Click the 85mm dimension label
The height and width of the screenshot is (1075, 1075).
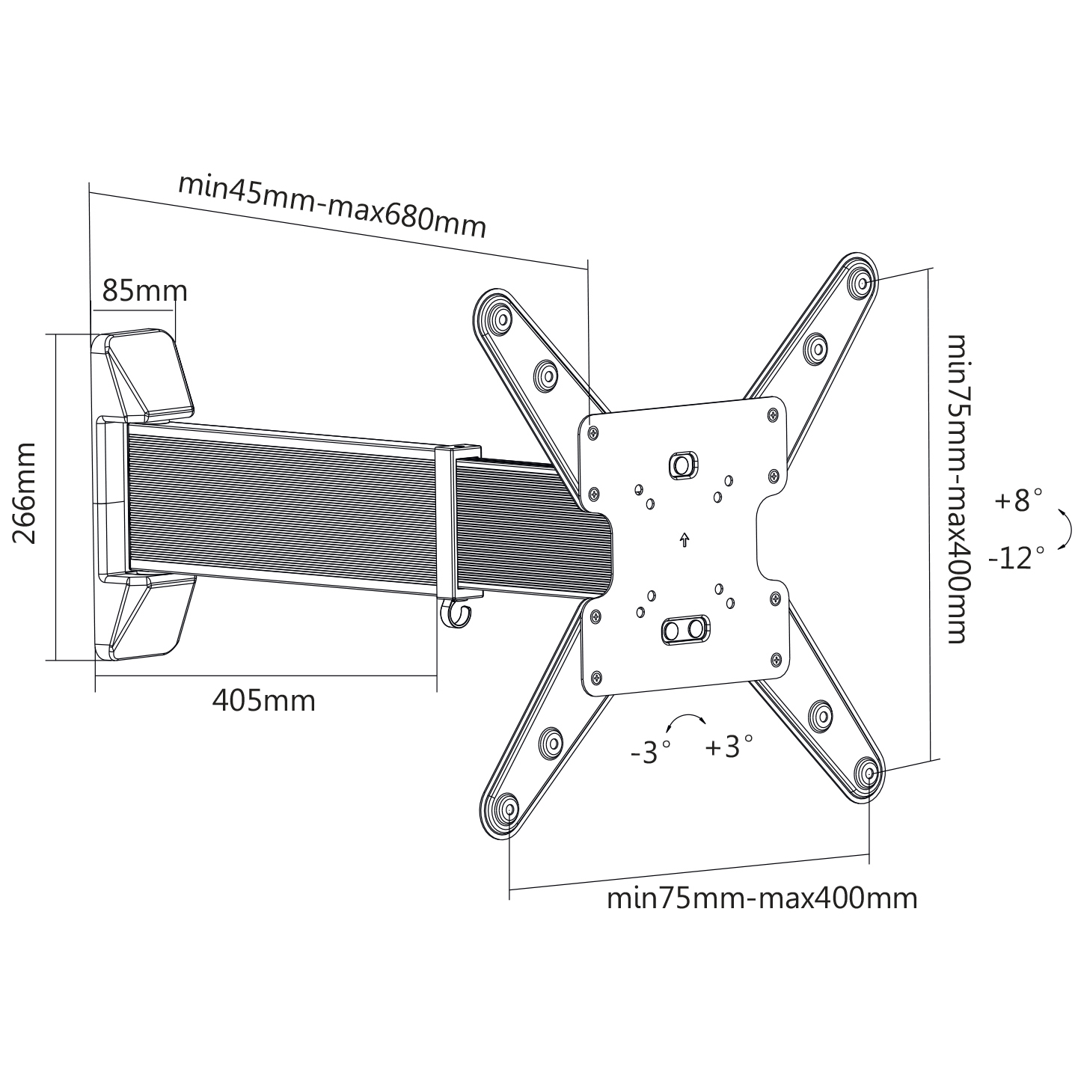144,291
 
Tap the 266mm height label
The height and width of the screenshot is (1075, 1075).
25,493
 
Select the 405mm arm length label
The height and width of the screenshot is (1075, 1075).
263,700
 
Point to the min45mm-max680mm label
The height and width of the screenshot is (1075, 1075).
332,206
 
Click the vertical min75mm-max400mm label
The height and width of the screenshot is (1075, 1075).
959,489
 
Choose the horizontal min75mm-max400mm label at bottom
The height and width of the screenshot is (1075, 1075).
762,898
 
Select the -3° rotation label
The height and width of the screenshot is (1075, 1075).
650,752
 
